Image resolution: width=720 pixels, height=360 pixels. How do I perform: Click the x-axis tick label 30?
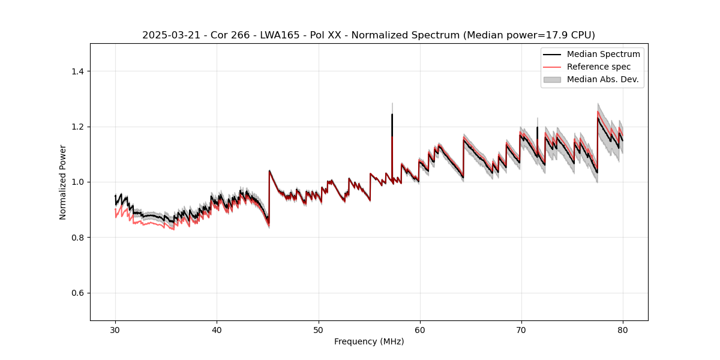tap(115, 329)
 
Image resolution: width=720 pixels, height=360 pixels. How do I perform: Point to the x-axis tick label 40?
tap(217, 329)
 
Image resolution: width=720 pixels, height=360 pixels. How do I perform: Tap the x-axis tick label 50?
tap(318, 329)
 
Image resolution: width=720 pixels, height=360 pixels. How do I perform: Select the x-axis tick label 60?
tap(419, 329)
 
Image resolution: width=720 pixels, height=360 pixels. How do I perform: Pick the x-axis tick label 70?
tap(521, 329)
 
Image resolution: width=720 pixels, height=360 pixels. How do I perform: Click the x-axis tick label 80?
tap(622, 329)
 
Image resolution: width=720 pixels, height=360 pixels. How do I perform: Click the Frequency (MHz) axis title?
tap(369, 341)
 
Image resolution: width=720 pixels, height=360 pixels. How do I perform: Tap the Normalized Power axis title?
tap(62, 182)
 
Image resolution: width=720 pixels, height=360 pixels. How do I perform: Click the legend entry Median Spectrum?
tap(603, 55)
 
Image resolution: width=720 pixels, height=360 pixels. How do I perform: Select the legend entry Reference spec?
tap(599, 67)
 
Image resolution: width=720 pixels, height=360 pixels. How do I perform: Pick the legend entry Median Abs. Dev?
tap(602, 79)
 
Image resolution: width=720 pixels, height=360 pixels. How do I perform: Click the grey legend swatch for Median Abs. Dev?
tap(552, 79)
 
